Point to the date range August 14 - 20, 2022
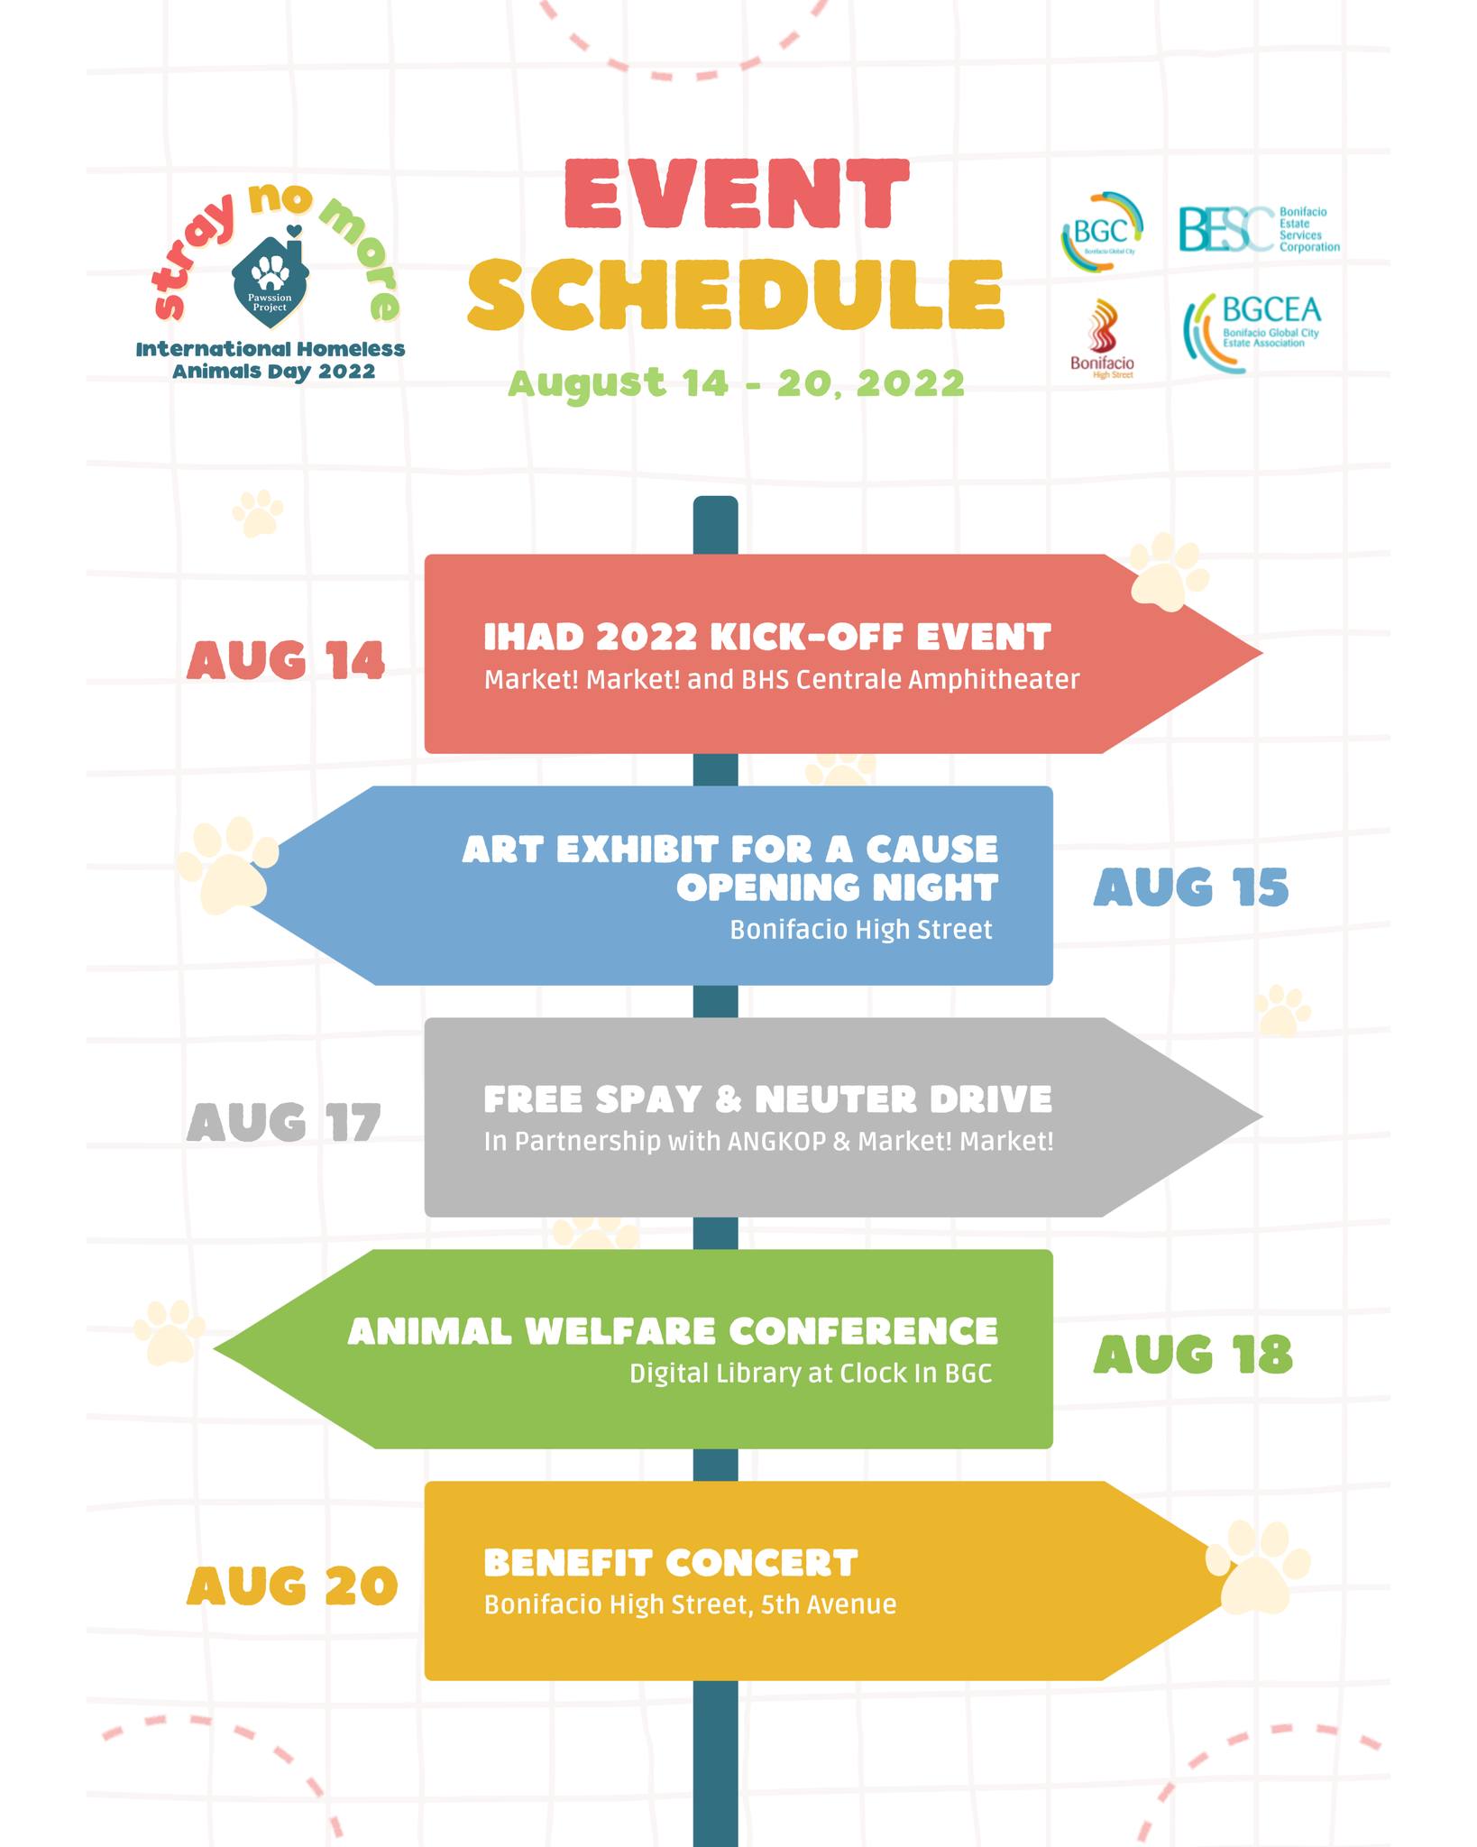737,382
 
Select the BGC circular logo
1102,232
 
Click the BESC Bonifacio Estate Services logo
1259,229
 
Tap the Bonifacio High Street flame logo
1102,339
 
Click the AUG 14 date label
286,661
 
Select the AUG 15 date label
1191,887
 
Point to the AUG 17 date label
284,1123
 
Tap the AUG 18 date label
1193,1355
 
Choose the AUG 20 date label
292,1586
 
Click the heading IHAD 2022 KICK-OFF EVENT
767,637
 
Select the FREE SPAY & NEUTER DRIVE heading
768,1099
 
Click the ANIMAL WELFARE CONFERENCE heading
673,1331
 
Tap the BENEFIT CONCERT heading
671,1563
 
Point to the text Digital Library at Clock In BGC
811,1374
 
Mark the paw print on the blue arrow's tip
226,864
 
